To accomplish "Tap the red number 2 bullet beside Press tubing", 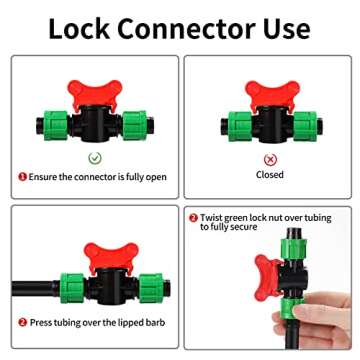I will (22, 323).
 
